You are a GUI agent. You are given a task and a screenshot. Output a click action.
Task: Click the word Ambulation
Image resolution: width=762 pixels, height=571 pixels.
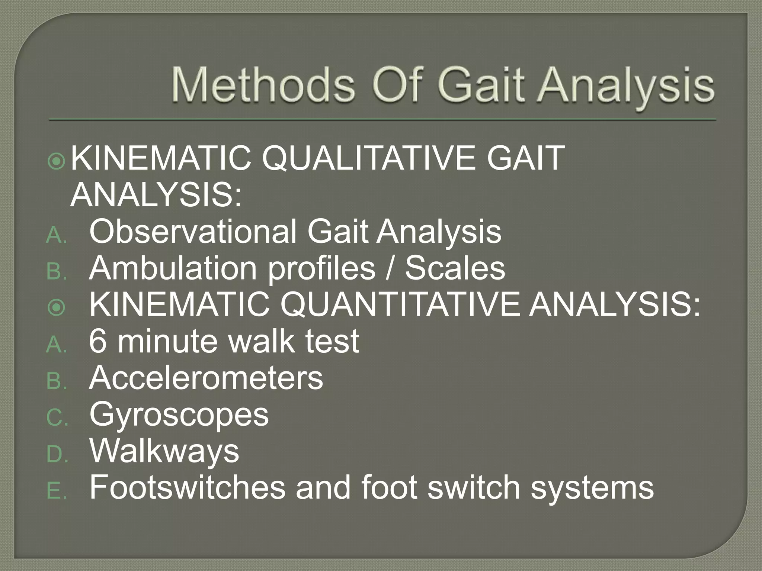click(173, 268)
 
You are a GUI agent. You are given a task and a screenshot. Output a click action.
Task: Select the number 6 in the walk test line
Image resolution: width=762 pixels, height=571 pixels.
click(98, 341)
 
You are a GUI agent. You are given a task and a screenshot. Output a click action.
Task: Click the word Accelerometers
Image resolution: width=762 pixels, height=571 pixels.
click(206, 378)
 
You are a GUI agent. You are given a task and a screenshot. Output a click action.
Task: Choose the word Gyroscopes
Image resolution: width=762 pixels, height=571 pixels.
click(179, 415)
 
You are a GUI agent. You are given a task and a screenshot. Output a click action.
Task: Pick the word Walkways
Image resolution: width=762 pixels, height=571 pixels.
click(164, 451)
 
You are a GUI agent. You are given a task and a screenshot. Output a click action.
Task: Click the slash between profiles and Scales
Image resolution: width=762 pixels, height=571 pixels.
click(390, 268)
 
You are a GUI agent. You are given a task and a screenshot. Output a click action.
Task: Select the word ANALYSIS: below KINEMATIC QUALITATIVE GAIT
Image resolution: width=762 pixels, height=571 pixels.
click(156, 195)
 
